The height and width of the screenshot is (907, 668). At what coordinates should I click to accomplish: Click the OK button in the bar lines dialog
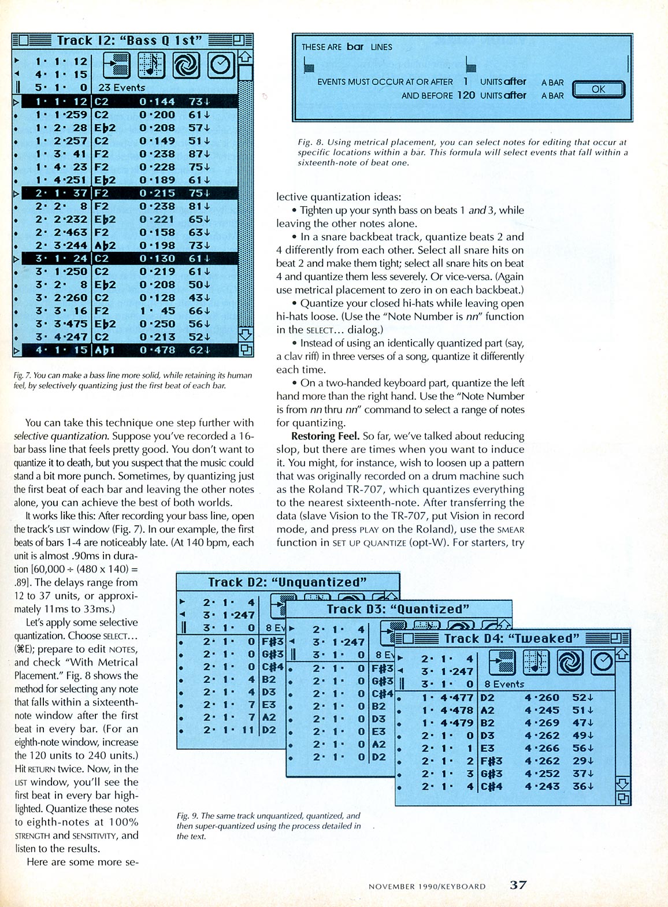coord(598,90)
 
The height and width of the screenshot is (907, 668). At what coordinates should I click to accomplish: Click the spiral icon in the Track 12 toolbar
coord(186,65)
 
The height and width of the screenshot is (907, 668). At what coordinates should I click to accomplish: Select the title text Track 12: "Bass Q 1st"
coord(129,40)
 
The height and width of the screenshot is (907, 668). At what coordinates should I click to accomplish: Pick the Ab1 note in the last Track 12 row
coord(105,350)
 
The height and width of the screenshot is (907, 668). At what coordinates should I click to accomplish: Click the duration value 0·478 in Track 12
coord(157,350)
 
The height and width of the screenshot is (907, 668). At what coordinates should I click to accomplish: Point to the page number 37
coord(518,884)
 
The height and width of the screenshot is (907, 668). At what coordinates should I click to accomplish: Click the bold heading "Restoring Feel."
coord(325,436)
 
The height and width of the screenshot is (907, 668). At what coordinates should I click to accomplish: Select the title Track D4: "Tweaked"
coord(511,638)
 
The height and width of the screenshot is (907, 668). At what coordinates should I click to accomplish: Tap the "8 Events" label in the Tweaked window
coord(504,685)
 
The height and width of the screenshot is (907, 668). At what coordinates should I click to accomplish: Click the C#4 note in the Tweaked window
coord(491,786)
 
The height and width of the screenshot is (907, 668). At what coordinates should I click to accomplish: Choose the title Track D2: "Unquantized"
coord(287,582)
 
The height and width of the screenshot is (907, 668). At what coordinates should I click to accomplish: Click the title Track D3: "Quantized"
coord(398,609)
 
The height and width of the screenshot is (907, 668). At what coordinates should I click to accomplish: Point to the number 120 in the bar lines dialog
coord(466,95)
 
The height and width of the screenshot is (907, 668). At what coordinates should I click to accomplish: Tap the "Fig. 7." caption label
coord(23,376)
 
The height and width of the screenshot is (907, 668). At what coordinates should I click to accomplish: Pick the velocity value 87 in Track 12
coord(195,154)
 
